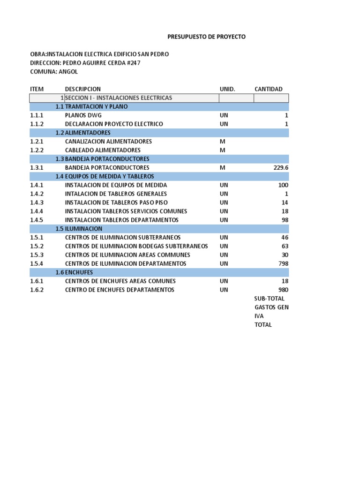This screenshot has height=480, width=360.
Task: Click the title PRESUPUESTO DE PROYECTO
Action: point(206,37)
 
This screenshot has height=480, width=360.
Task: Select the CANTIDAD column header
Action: point(268,89)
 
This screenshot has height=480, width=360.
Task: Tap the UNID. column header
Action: point(227,89)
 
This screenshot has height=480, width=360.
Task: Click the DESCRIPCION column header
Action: point(82,89)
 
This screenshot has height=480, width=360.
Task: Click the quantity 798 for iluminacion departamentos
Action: point(284,263)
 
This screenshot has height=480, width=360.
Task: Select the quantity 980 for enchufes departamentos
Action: point(284,290)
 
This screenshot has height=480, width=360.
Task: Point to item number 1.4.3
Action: point(37,202)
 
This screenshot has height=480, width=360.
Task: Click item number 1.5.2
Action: point(37,246)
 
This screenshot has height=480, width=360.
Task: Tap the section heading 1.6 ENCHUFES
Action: point(74,272)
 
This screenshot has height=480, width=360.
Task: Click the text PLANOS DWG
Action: point(83,115)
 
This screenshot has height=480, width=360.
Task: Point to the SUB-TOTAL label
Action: point(269,299)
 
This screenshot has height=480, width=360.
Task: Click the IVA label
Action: point(259,316)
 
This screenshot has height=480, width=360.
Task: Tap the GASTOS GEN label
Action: point(271,307)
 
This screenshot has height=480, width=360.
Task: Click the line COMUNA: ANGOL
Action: point(54,72)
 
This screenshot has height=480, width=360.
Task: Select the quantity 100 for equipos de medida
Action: point(283,185)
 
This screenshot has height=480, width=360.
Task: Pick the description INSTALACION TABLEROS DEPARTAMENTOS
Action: point(121,220)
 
